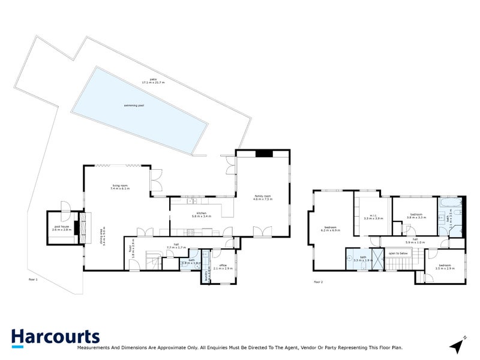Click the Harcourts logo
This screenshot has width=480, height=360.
click(55, 338)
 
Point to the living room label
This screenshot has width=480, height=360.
click(120, 187)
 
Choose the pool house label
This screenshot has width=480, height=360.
click(62, 228)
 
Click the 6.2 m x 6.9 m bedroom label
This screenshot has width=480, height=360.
click(331, 229)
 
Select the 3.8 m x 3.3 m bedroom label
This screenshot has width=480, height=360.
click(418, 215)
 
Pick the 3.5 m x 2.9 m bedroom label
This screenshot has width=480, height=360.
click(445, 266)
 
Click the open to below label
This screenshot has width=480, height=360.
click(398, 254)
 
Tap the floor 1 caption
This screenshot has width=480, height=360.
click(33, 280)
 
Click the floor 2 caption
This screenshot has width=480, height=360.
click(318, 281)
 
